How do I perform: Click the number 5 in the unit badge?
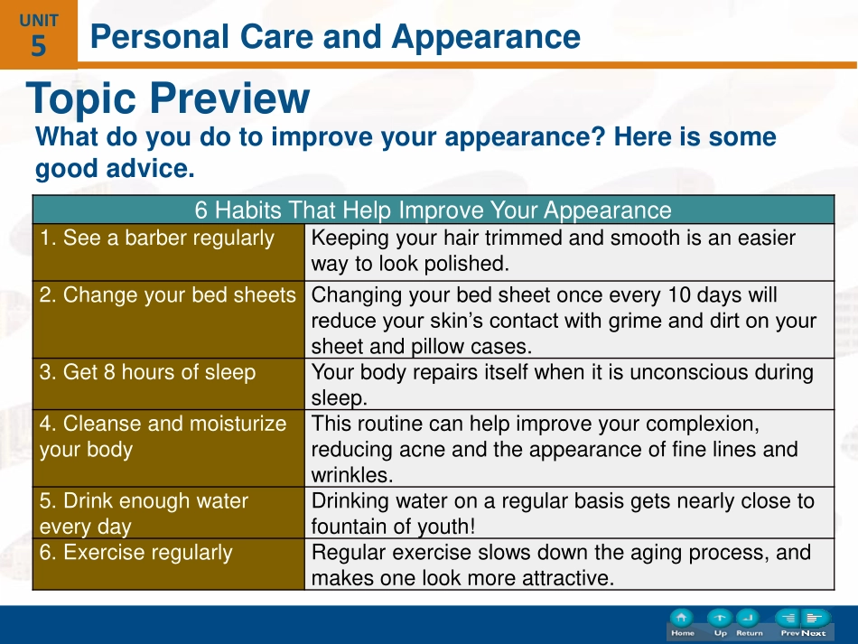coord(38,46)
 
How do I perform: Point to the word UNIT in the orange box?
coord(38,21)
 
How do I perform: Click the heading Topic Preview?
coord(168,98)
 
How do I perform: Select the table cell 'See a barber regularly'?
coord(169,252)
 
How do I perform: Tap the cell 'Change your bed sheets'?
coord(169,320)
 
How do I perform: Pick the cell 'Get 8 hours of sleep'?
coord(169,384)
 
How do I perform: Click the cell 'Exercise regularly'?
coord(169,565)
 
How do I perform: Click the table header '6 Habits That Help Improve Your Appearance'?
coord(434,210)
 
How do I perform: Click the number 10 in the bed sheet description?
coord(679,295)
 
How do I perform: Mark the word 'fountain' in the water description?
coord(350,527)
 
